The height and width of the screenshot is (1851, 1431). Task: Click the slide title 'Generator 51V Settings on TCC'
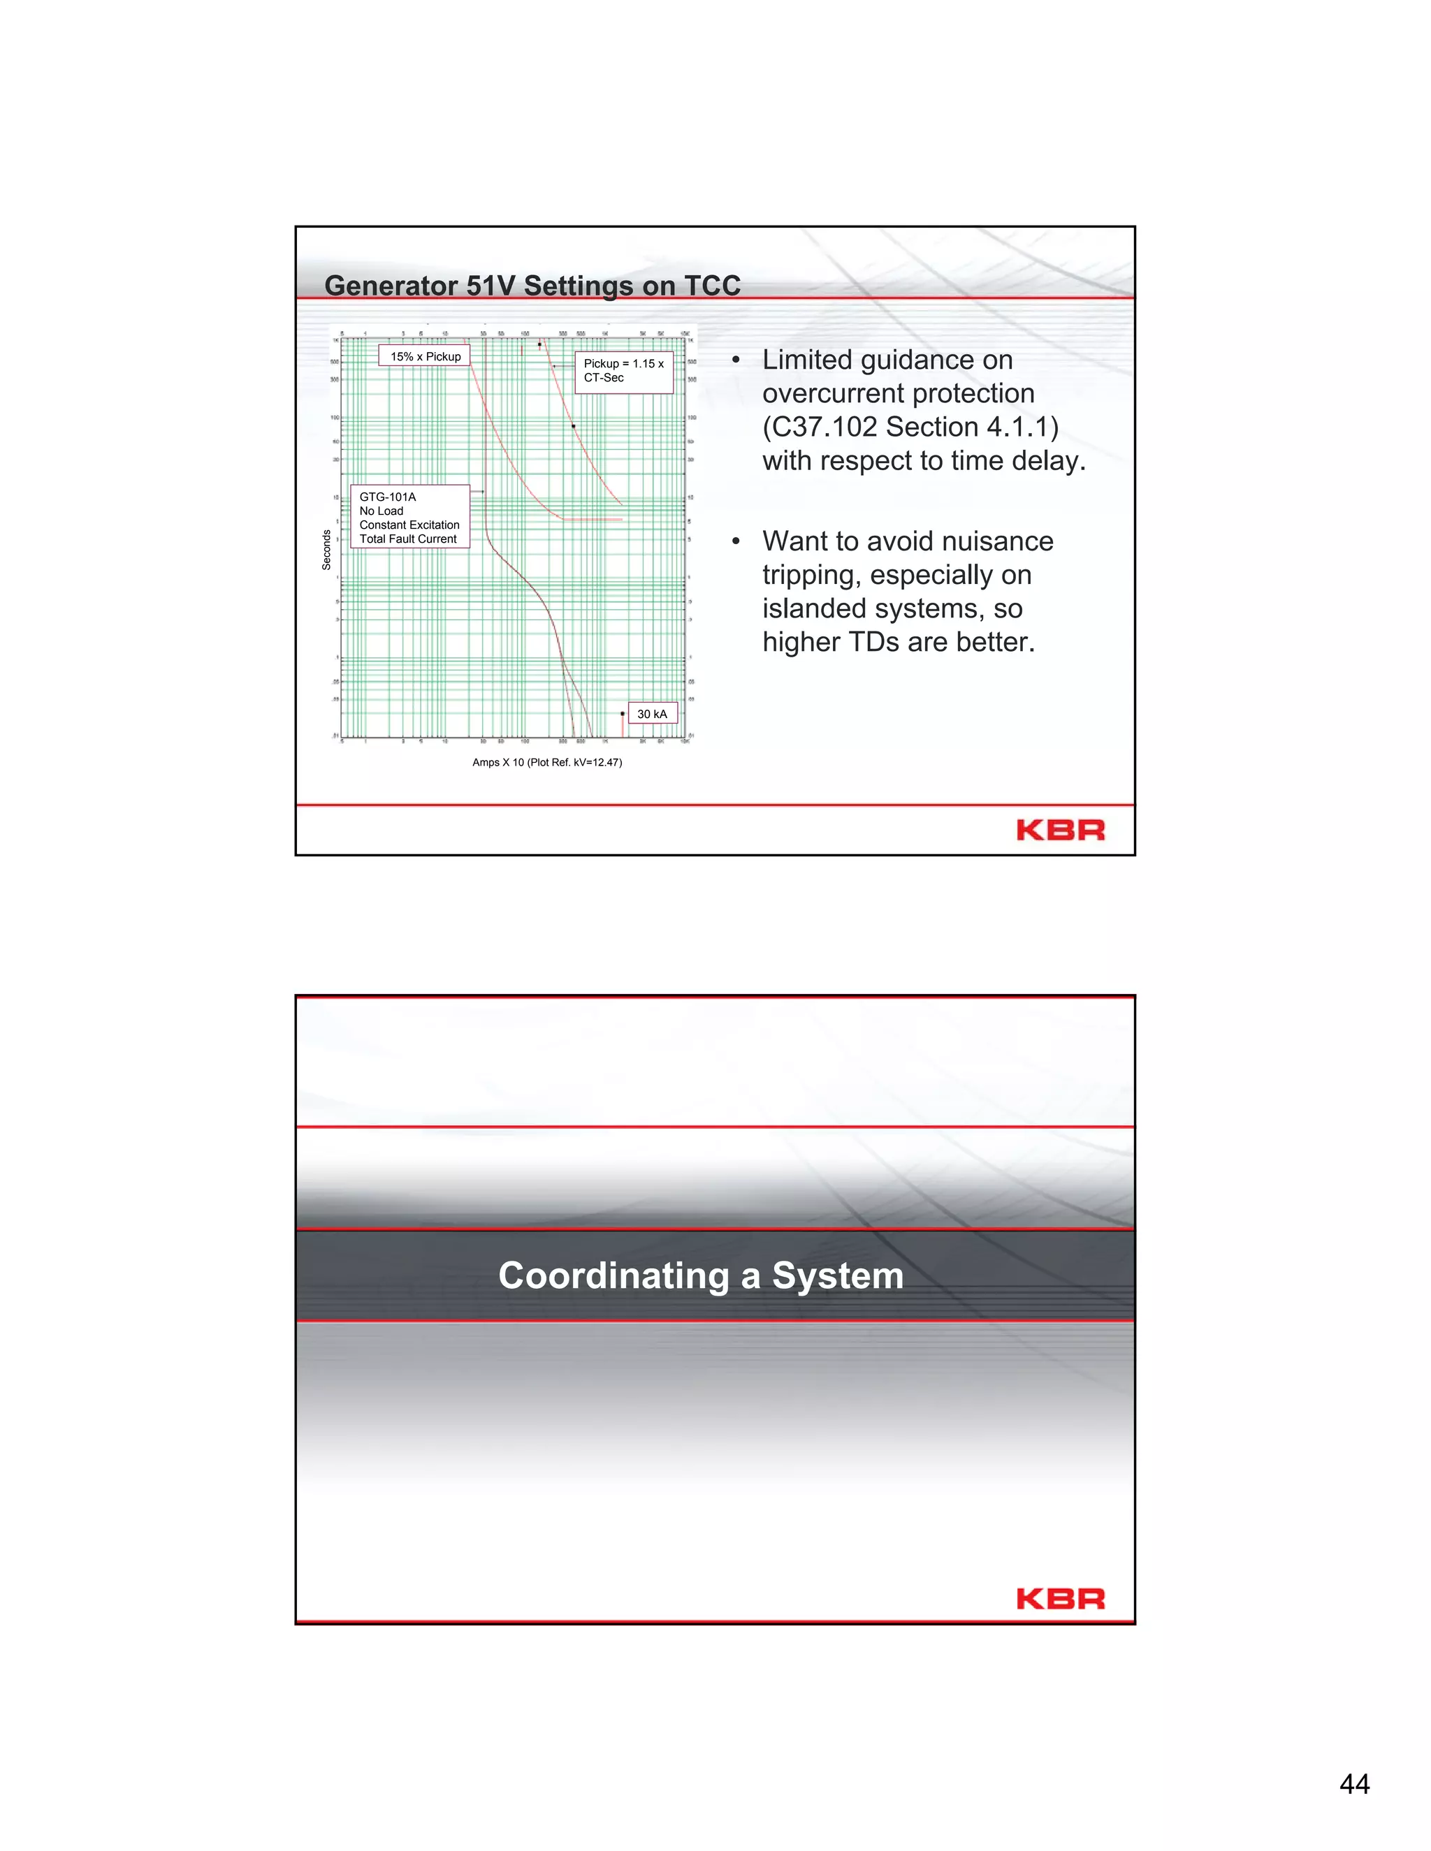(x=532, y=286)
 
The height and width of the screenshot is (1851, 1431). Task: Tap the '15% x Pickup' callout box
(x=425, y=357)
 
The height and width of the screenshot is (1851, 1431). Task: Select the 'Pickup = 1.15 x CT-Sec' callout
(x=624, y=371)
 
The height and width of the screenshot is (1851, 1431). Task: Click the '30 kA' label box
(x=652, y=715)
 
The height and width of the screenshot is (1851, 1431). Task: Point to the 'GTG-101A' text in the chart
(x=387, y=497)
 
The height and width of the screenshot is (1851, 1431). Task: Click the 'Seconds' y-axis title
(x=326, y=549)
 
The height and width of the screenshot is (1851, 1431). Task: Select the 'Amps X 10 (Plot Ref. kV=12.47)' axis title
(x=547, y=763)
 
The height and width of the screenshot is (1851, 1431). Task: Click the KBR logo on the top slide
(x=1060, y=831)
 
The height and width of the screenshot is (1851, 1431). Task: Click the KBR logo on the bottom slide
(x=1060, y=1600)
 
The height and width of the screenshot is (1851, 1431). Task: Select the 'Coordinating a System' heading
(x=700, y=1275)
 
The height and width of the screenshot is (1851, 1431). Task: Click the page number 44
(x=1354, y=1784)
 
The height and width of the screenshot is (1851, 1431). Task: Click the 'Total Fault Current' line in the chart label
(x=408, y=539)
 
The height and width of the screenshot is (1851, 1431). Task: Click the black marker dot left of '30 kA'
(x=623, y=714)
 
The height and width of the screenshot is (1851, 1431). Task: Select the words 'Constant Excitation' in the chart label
(x=409, y=525)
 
